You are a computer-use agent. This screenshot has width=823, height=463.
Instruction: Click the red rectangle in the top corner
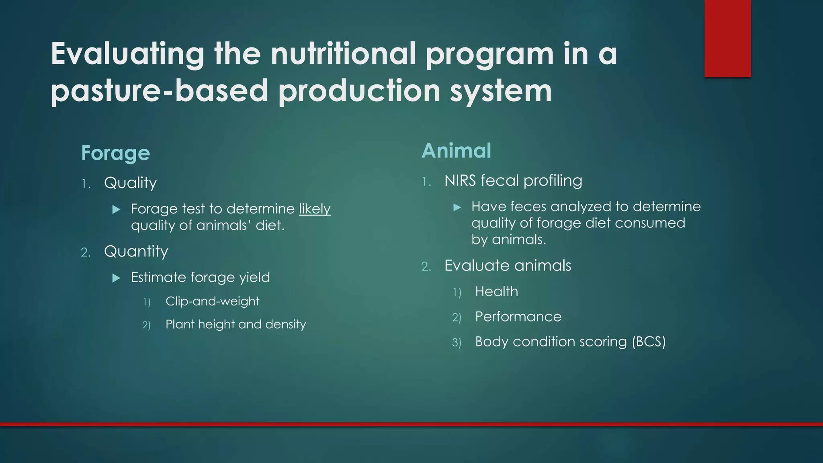pyautogui.click(x=727, y=38)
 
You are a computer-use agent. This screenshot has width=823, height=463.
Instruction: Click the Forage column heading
pyautogui.click(x=115, y=153)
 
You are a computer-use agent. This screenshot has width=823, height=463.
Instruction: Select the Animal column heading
pyautogui.click(x=456, y=151)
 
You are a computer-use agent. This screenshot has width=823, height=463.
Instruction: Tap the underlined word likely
pyautogui.click(x=315, y=209)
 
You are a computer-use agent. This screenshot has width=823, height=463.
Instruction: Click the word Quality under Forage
pyautogui.click(x=130, y=183)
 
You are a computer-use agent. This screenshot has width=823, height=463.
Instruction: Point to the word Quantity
pyautogui.click(x=136, y=252)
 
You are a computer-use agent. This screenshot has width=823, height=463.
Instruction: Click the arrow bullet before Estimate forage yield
pyautogui.click(x=117, y=278)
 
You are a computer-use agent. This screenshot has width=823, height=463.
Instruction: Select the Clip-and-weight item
pyautogui.click(x=212, y=301)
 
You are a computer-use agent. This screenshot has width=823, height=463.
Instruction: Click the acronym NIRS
pyautogui.click(x=460, y=181)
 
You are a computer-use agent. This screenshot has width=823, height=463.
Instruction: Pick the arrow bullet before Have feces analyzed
pyautogui.click(x=457, y=207)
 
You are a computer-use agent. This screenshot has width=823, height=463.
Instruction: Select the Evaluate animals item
pyautogui.click(x=508, y=266)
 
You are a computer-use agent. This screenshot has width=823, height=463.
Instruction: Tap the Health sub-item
pyautogui.click(x=496, y=291)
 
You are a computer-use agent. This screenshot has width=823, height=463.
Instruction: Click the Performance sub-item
pyautogui.click(x=518, y=317)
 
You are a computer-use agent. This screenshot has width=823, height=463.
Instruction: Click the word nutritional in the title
pyautogui.click(x=343, y=54)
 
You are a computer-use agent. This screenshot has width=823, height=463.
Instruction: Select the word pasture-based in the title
pyautogui.click(x=159, y=91)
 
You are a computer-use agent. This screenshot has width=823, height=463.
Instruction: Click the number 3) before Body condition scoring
pyautogui.click(x=457, y=342)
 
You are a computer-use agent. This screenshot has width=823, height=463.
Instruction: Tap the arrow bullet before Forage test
pyautogui.click(x=117, y=209)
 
